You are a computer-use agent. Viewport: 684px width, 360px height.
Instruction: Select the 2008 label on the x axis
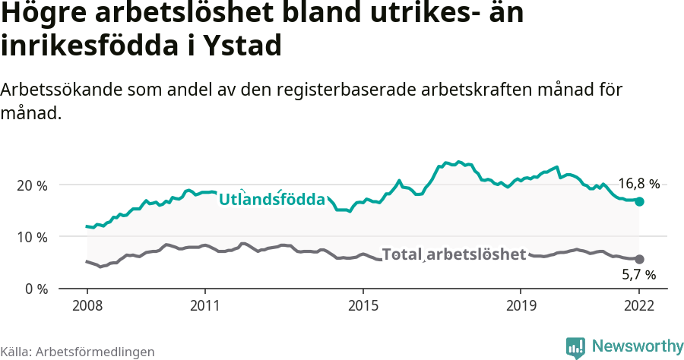[87, 307]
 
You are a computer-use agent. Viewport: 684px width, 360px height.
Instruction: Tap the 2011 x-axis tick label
[205, 307]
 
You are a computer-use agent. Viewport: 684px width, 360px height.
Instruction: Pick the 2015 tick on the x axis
[363, 307]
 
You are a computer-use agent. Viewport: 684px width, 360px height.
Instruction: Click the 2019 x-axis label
[521, 307]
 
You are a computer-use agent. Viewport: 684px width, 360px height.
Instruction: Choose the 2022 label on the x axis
[639, 307]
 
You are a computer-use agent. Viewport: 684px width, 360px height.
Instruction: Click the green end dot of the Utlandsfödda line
[640, 201]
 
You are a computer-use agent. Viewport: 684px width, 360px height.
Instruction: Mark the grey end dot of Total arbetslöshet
[640, 259]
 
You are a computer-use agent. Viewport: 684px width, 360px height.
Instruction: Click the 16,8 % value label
[638, 184]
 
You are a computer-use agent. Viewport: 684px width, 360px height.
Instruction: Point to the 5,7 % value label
[638, 274]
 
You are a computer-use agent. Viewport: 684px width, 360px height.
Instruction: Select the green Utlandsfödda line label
[272, 200]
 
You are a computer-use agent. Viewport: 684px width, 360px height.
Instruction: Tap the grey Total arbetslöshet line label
[454, 254]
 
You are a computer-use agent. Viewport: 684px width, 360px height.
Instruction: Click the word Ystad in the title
[243, 46]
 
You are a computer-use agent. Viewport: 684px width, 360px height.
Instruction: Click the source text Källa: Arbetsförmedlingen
[78, 352]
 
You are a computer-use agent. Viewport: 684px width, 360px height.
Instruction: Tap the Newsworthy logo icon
[575, 348]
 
